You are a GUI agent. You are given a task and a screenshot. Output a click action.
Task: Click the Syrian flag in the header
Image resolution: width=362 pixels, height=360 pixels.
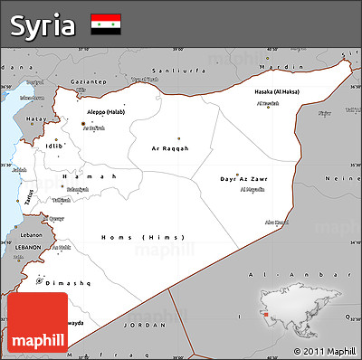click(x=106, y=24)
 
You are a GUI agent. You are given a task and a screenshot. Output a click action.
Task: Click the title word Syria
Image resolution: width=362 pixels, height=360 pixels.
click(x=43, y=25)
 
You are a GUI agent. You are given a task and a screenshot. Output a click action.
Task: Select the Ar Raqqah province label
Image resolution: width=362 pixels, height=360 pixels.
click(x=170, y=147)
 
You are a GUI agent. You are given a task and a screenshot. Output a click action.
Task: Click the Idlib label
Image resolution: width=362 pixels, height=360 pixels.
click(x=55, y=145)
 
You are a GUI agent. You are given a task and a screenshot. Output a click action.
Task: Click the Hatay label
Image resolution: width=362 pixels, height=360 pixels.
click(x=35, y=118)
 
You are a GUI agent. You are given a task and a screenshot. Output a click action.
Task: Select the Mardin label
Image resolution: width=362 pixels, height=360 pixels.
click(x=273, y=67)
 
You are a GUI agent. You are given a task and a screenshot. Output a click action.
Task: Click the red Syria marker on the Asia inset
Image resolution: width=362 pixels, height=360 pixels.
click(x=268, y=316)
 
